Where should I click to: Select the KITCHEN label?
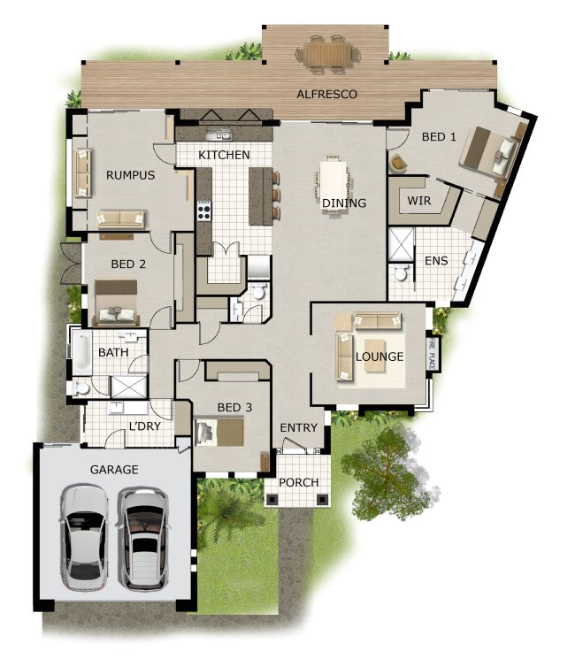click(x=223, y=155)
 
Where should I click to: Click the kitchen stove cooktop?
click(x=203, y=211)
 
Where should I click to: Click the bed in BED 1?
click(x=489, y=150)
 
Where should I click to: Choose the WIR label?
click(x=418, y=201)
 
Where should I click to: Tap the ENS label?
click(x=435, y=261)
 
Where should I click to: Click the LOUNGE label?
click(x=379, y=357)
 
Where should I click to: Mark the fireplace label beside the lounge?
click(x=433, y=349)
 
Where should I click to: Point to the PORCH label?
click(x=297, y=482)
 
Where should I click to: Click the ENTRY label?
click(x=298, y=428)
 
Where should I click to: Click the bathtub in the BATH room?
click(x=80, y=354)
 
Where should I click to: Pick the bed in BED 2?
click(x=117, y=300)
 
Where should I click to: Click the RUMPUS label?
click(x=130, y=175)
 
